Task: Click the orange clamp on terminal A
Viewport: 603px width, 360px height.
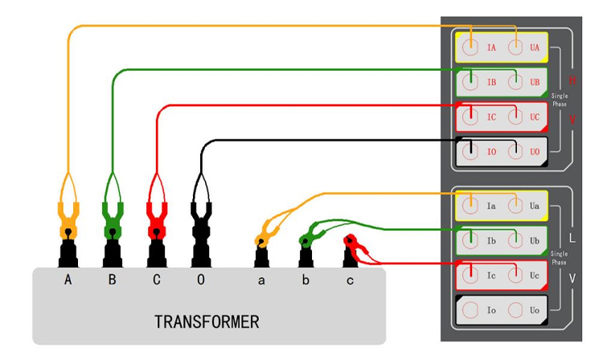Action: pos(68,217)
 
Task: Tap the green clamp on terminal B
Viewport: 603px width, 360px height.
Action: pos(113,217)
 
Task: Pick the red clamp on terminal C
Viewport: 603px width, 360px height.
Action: pos(157,217)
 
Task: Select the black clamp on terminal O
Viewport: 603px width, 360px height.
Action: pos(200,217)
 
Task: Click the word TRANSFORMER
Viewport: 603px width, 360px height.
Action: pos(207,322)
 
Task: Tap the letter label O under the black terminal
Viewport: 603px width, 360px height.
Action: pos(200,280)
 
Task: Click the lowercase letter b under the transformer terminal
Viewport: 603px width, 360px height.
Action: pos(306,280)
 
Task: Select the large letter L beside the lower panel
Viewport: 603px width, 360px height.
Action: pos(572,239)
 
